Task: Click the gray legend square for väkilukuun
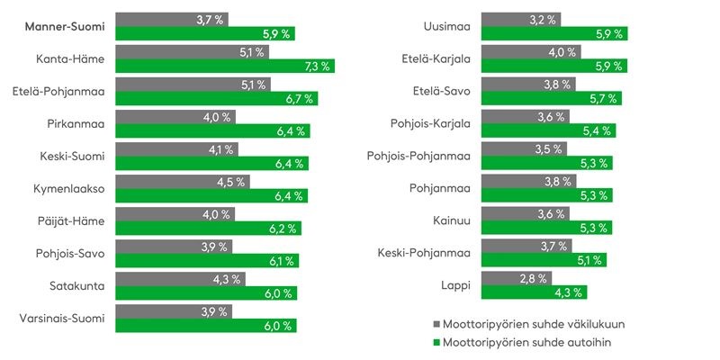click(436, 323)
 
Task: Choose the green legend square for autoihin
click(436, 342)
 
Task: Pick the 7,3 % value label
click(318, 66)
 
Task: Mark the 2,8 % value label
click(534, 277)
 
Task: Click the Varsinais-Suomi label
click(61, 318)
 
